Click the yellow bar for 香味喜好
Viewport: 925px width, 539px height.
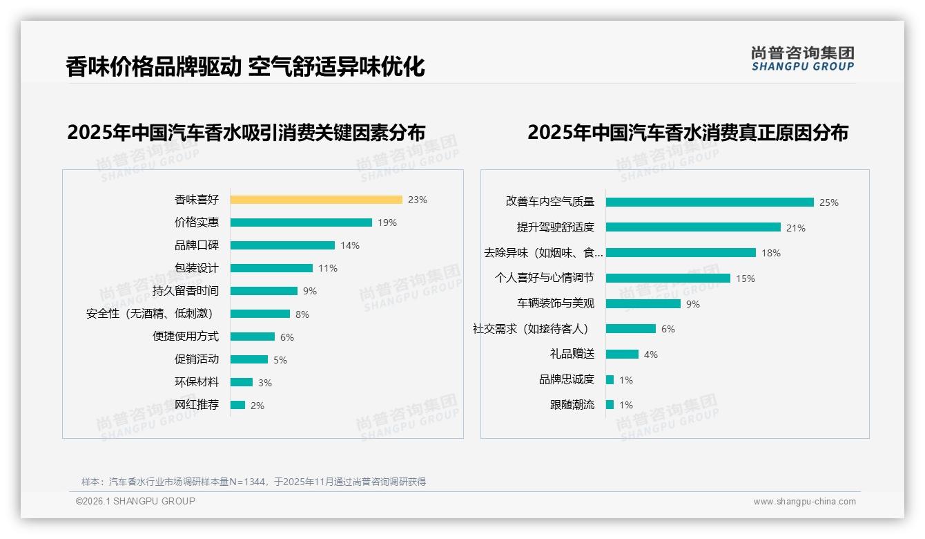coord(316,200)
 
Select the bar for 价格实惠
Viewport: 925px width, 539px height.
coord(301,223)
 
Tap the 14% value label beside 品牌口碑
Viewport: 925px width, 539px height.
coord(350,245)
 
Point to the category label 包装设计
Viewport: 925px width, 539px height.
coord(197,268)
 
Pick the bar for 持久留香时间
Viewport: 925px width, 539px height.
coord(264,291)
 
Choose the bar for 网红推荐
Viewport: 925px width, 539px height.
coord(237,405)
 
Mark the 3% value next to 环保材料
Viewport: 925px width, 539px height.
coord(265,383)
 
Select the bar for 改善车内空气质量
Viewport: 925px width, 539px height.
coord(710,202)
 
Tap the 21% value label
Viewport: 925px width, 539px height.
coord(796,228)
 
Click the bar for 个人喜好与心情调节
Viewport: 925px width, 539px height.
coord(668,278)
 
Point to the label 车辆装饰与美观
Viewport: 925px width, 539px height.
coord(556,303)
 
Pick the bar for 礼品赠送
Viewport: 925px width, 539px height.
coord(622,354)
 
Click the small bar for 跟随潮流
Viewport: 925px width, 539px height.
coord(610,404)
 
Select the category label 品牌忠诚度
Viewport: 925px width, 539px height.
coord(567,379)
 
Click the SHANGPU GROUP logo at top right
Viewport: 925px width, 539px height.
coord(803,59)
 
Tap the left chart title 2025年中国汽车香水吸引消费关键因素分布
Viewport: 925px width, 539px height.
coord(246,132)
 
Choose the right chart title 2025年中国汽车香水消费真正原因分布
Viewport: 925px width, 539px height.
coord(688,132)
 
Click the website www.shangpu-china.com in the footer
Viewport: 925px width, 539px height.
coord(804,502)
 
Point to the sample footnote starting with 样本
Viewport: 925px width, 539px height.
coord(253,482)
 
